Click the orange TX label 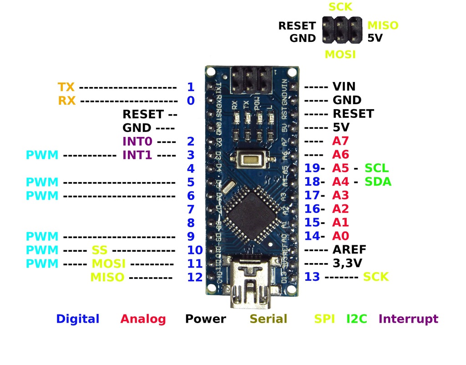(x=66, y=86)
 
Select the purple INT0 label (x=137, y=141)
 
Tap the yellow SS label (x=100, y=250)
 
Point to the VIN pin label (x=344, y=86)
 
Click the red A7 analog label (x=340, y=141)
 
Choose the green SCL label (x=377, y=168)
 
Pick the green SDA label (x=378, y=182)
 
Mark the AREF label (x=349, y=249)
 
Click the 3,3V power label (x=347, y=263)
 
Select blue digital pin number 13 (x=312, y=277)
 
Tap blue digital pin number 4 (x=191, y=168)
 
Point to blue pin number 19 (x=312, y=168)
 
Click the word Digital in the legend (x=77, y=319)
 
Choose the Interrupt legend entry (x=408, y=319)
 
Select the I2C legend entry (x=356, y=319)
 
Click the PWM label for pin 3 (x=42, y=155)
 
